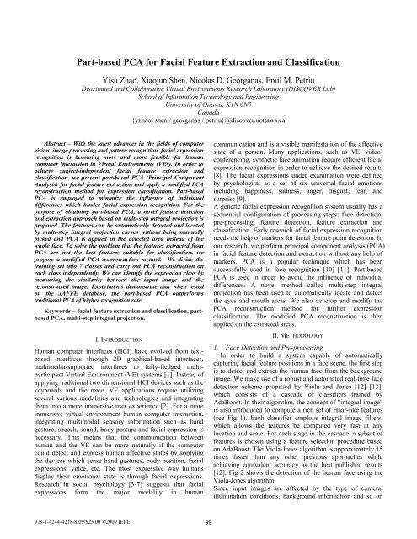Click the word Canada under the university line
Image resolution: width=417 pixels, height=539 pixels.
[208, 125]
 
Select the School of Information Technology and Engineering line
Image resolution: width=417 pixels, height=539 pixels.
[208, 105]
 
